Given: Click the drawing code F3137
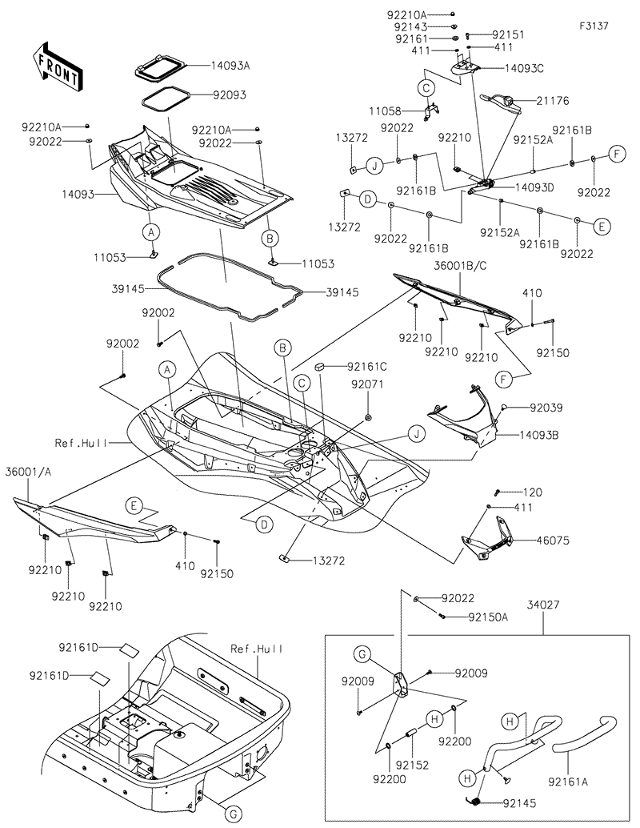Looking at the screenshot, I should pos(594,26).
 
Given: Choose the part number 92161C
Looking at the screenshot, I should pos(367,367).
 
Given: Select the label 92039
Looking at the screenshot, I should pos(545,408).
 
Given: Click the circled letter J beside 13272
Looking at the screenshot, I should pos(373,166).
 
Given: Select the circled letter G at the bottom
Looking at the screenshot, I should pos(232,814).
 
